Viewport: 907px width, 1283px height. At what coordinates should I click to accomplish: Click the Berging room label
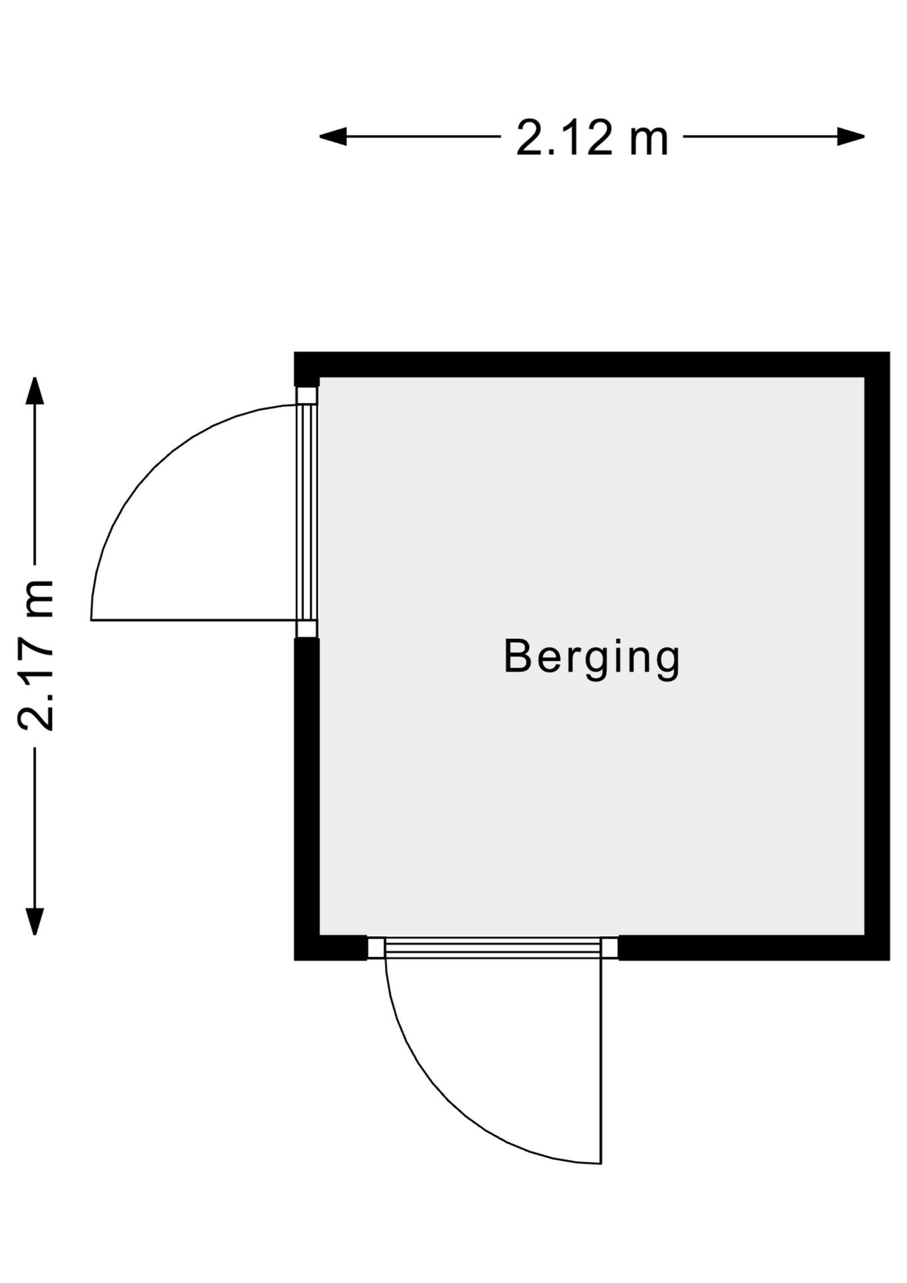592,659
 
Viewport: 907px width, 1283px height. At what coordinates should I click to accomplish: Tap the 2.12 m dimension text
592,138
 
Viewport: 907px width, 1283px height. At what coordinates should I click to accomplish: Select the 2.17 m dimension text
35,656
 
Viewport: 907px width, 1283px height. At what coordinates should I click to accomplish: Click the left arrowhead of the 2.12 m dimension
333,137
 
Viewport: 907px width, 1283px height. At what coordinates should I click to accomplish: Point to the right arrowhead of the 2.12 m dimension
852,137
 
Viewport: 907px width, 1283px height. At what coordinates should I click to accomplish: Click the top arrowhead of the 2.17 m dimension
34,391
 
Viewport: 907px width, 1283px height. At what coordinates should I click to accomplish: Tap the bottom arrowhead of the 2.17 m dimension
34,921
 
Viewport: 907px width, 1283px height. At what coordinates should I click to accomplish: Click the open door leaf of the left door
194,620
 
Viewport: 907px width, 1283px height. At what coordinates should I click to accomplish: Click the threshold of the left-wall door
307,512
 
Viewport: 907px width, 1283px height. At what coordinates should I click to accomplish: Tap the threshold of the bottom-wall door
494,948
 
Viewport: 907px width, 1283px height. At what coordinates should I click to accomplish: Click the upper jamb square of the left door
307,395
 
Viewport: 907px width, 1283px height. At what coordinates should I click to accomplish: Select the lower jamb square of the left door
307,629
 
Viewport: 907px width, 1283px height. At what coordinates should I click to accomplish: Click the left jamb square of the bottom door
376,948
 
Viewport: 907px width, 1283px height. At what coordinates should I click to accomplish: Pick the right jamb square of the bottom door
610,948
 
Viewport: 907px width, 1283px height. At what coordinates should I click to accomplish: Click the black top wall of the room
592,364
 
